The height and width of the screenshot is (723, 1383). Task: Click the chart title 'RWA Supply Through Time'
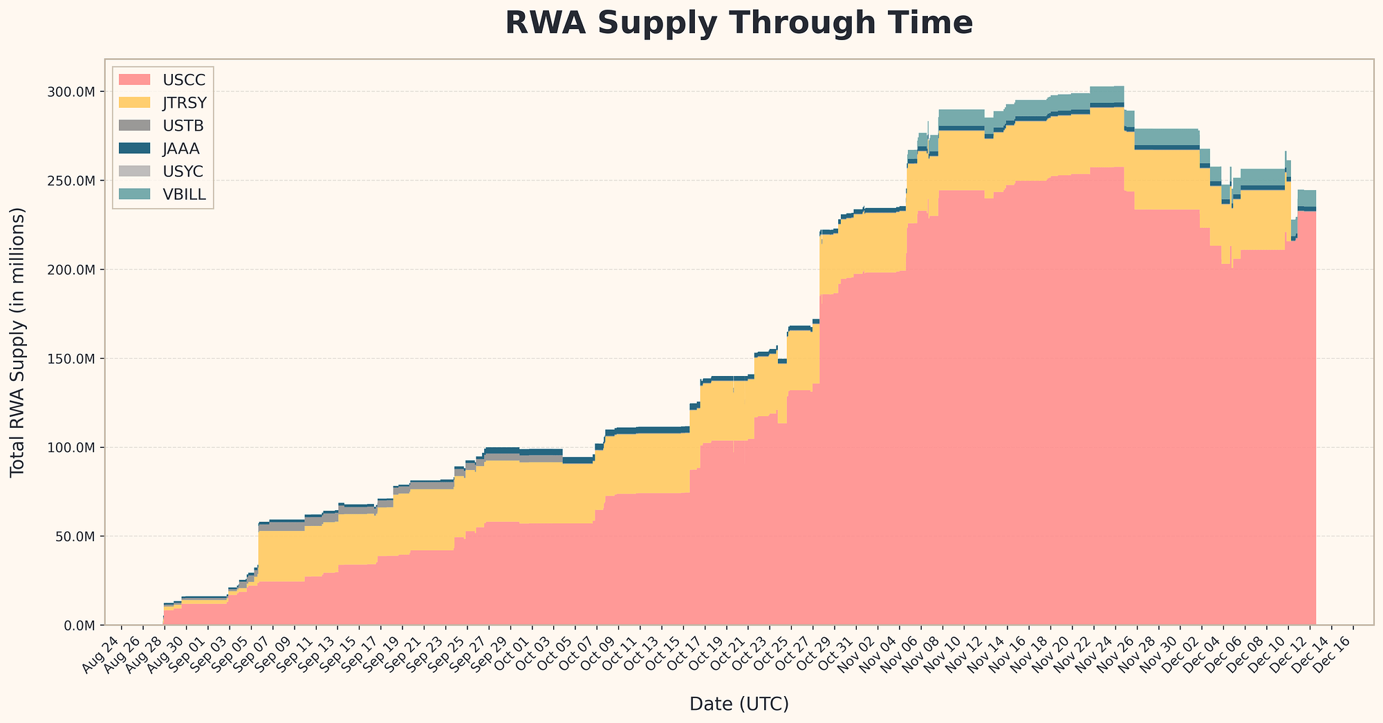point(739,24)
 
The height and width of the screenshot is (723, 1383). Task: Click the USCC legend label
point(182,79)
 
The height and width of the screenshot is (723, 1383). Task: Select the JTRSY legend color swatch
point(134,102)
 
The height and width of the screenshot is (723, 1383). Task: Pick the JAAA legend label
point(182,148)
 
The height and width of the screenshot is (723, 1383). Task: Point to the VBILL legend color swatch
point(134,194)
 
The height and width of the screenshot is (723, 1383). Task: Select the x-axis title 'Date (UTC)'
point(739,704)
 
